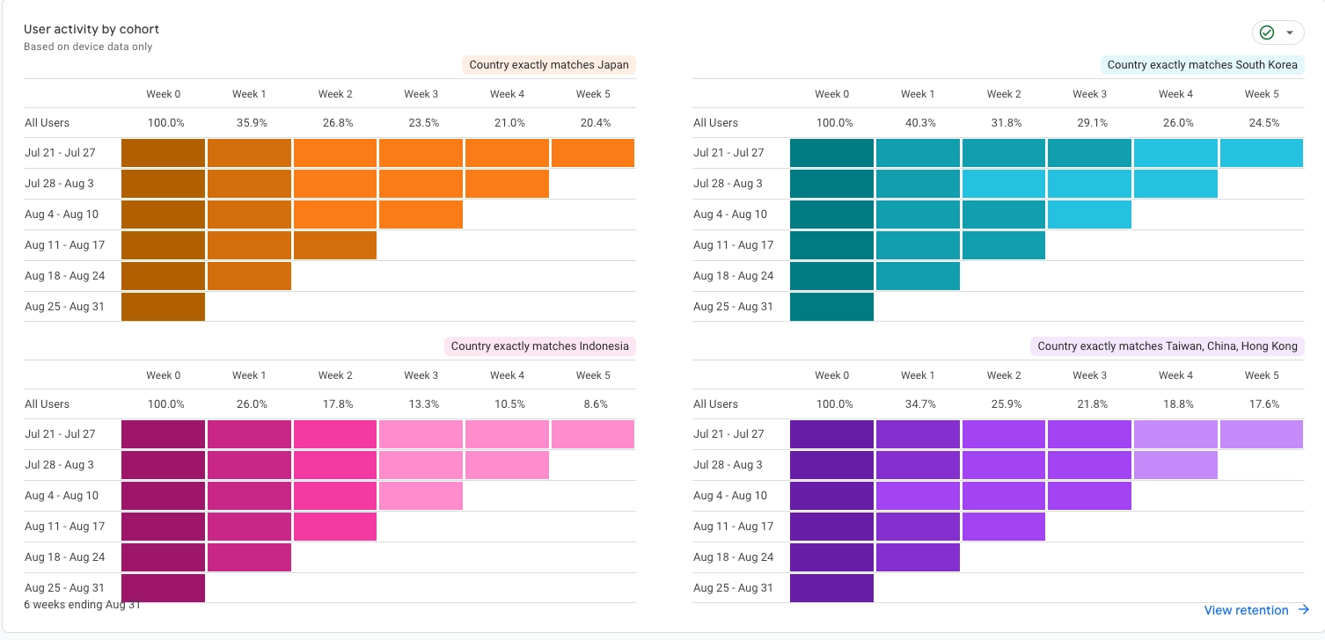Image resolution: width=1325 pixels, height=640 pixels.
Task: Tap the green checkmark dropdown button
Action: [1277, 33]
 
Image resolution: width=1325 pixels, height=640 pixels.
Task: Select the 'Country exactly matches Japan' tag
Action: [549, 65]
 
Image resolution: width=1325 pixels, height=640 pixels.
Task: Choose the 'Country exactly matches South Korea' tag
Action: [1202, 65]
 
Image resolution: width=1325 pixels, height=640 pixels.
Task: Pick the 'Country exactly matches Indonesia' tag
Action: [539, 346]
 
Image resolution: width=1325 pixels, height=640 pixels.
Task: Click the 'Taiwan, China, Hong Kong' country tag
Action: [1167, 346]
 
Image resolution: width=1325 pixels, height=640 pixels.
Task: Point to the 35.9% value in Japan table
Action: [249, 123]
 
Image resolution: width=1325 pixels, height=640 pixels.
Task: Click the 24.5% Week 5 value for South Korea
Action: [1262, 123]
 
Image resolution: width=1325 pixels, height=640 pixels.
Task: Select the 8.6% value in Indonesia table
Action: [593, 404]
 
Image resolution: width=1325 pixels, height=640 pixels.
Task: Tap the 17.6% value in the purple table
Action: [1262, 404]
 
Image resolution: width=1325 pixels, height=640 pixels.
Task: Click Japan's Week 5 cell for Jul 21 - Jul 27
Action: [593, 153]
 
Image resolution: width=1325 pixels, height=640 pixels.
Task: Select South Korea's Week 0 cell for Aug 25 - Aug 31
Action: [831, 307]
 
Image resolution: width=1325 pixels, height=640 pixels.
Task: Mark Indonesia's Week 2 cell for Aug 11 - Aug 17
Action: [335, 527]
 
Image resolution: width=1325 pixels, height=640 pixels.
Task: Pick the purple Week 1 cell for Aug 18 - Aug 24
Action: [918, 557]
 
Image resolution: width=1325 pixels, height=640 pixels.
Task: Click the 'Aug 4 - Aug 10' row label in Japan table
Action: [62, 215]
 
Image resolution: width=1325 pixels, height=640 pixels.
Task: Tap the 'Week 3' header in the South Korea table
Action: [1090, 94]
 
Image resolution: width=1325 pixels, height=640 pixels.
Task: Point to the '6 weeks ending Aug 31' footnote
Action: [82, 605]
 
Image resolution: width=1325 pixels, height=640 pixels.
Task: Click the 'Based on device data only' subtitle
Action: [88, 47]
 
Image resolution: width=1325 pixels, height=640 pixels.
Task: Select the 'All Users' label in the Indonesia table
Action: [47, 404]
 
